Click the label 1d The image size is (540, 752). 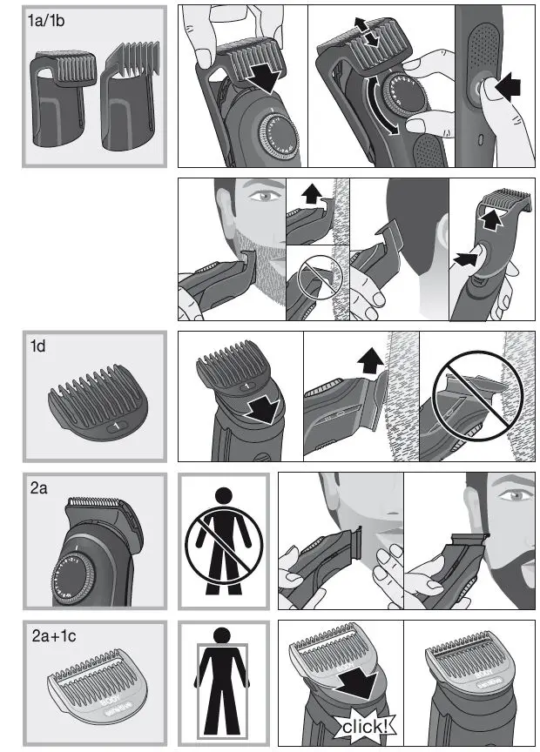point(39,346)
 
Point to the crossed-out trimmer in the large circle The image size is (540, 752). point(474,396)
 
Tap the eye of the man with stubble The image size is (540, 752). point(260,199)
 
